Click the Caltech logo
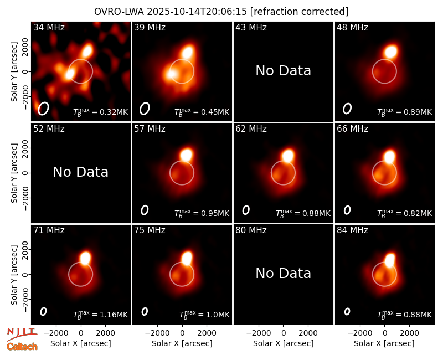pyautogui.click(x=22, y=347)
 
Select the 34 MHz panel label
pyautogui.click(x=49, y=27)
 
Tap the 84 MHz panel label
pyautogui.click(x=352, y=230)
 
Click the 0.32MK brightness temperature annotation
pyautogui.click(x=101, y=112)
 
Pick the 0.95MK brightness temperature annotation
pyautogui.click(x=202, y=213)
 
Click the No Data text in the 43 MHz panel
pyautogui.click(x=284, y=71)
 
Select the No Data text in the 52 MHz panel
pyautogui.click(x=80, y=172)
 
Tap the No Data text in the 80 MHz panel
pyautogui.click(x=284, y=273)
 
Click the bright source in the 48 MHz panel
pyautogui.click(x=391, y=52)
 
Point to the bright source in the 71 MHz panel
pyautogui.click(x=85, y=258)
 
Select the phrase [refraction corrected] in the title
pyautogui.click(x=299, y=12)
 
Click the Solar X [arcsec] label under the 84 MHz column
pyautogui.click(x=384, y=343)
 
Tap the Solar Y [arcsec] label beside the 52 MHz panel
pyautogui.click(x=14, y=173)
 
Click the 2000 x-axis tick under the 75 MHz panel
pyautogui.click(x=207, y=333)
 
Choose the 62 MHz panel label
pyautogui.click(x=251, y=129)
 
